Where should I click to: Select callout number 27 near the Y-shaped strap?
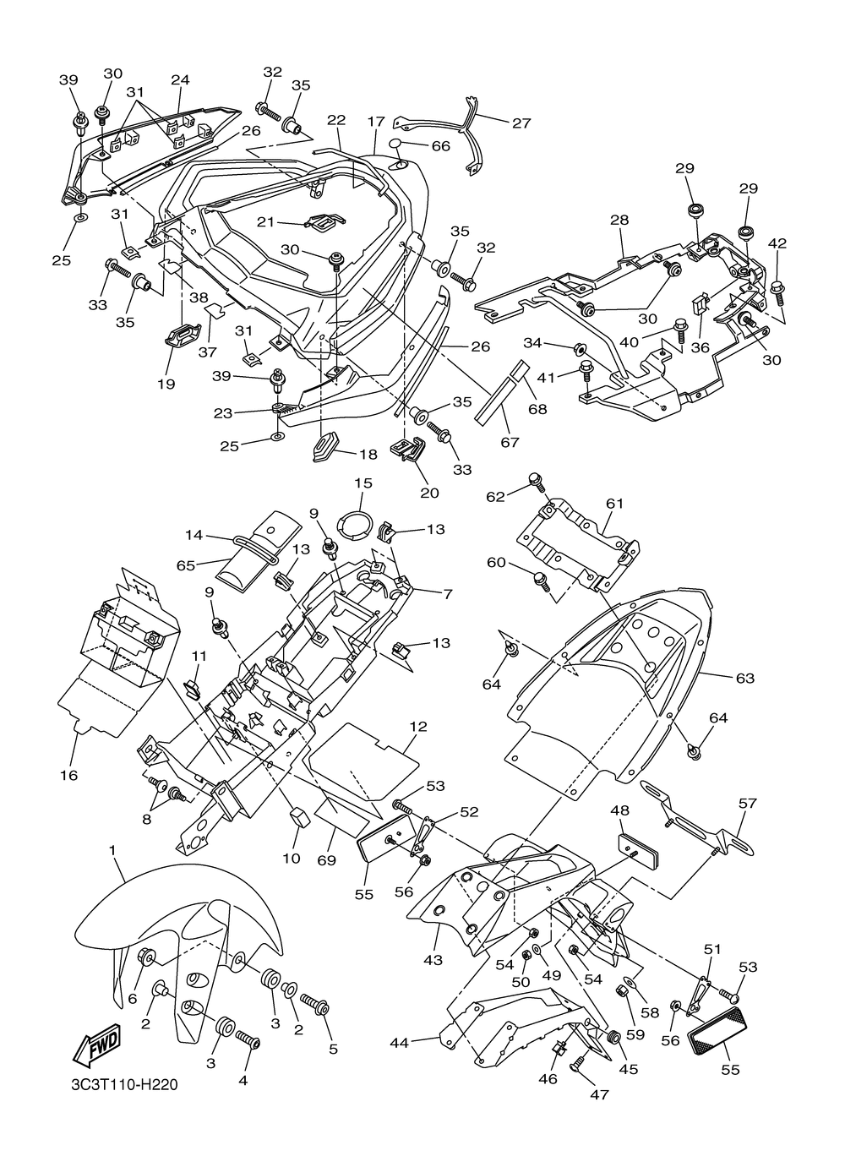coord(521,123)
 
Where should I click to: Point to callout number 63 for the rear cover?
coord(745,678)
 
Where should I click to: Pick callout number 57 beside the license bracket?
coord(747,803)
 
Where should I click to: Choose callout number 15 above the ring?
coord(363,483)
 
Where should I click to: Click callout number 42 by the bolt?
coord(777,243)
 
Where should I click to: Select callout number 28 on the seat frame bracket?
coord(620,220)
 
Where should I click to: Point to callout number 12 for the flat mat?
coord(418,726)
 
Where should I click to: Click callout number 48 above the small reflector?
coord(619,810)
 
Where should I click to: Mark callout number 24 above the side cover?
coord(180,79)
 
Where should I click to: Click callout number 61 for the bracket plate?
coord(614,504)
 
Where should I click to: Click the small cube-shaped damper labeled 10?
coord(299,818)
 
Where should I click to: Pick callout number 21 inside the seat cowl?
coord(265,222)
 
